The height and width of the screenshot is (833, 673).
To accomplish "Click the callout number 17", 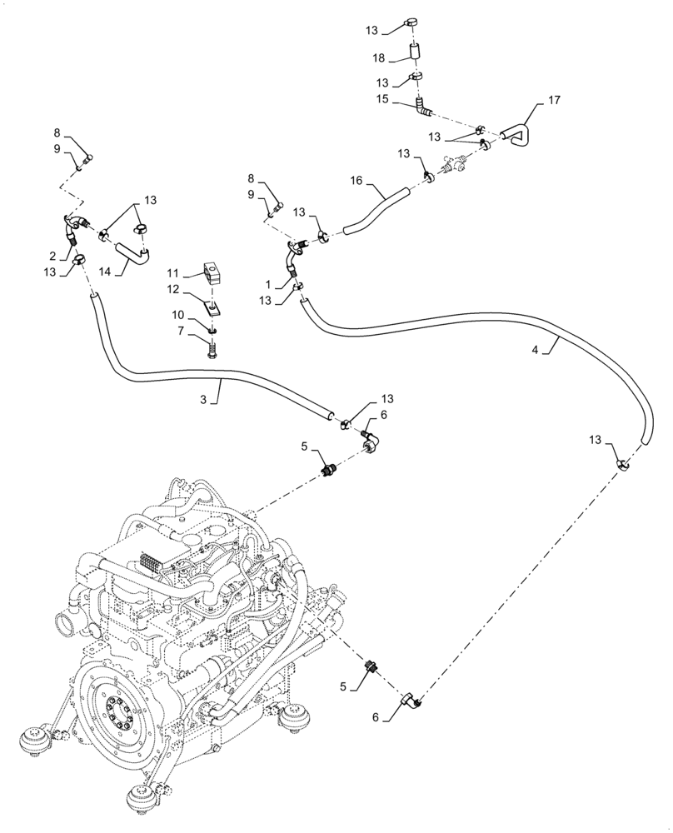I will click(554, 100).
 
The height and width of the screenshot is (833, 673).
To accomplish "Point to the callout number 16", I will click(356, 180).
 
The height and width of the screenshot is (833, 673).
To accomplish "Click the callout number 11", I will click(172, 272).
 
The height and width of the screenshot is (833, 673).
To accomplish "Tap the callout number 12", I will click(172, 288).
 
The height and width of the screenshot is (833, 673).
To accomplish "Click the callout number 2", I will click(51, 255).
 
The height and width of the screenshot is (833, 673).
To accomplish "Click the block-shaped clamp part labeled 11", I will click(215, 272).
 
